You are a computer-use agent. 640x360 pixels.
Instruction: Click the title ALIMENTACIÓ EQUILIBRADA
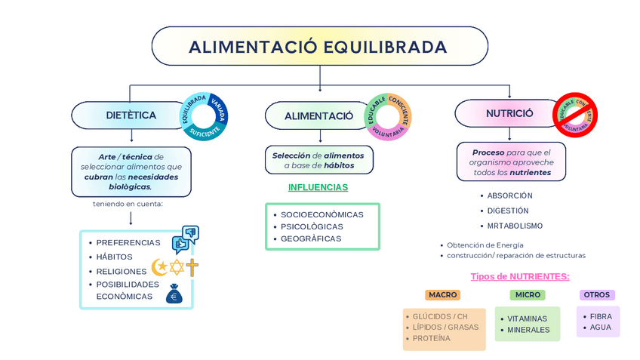pos(318,48)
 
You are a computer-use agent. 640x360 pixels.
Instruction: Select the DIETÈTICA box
pos(131,115)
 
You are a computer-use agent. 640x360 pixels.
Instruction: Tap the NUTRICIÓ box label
pos(509,113)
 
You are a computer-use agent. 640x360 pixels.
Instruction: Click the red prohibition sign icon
pos(575,115)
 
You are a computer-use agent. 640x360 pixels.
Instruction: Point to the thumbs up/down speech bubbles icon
pos(185,238)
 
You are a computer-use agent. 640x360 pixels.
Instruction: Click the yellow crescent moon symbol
pos(159,267)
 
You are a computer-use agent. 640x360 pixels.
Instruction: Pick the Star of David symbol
pos(177,267)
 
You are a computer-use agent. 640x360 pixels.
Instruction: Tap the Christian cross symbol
pos(192,267)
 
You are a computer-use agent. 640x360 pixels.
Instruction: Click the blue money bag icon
pos(174,294)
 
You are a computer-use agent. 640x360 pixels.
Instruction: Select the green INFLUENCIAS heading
pos(318,187)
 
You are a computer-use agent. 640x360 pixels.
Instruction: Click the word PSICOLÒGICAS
pos(312,226)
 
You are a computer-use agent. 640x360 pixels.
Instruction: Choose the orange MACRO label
pos(443,295)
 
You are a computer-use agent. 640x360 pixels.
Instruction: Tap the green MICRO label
pos(527,295)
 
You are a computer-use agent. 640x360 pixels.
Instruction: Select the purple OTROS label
pos(597,295)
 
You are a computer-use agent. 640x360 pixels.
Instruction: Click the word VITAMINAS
pos(527,318)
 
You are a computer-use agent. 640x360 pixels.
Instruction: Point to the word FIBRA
pos(601,316)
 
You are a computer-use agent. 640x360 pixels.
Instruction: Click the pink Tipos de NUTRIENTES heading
pos(520,277)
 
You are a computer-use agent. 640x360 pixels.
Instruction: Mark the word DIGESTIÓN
pos(508,211)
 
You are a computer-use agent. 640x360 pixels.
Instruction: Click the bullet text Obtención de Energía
pos(485,245)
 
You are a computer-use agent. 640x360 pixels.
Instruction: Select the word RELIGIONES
pos(122,271)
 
